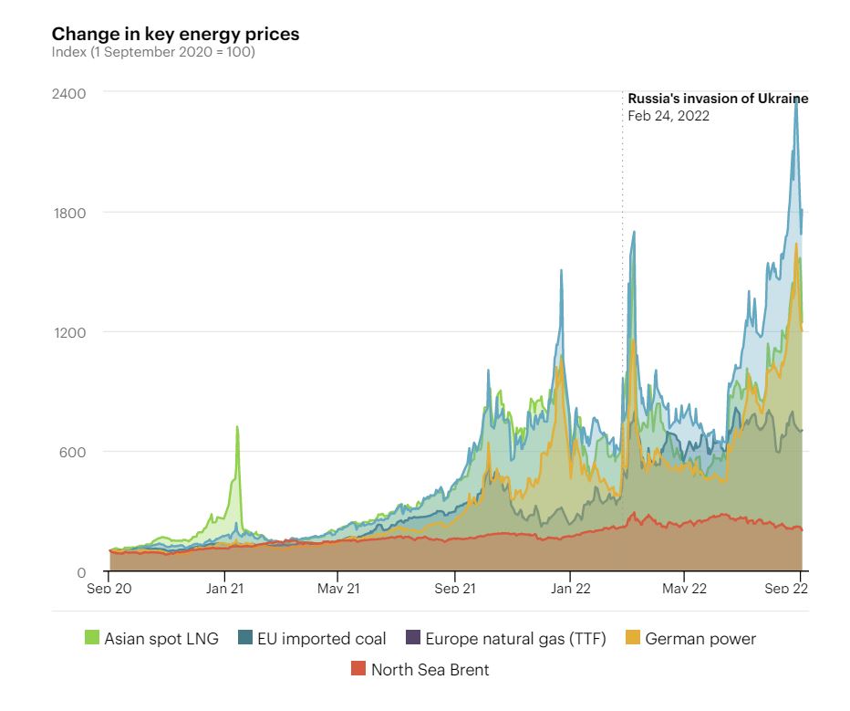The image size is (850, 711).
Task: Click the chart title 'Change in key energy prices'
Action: tap(175, 35)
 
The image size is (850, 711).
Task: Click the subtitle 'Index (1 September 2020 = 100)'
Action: tap(153, 52)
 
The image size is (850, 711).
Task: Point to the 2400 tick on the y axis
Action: tap(68, 93)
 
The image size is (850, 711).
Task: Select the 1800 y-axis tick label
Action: tap(68, 213)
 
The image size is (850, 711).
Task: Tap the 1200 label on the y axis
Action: tap(68, 332)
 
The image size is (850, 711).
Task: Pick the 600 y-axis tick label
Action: tap(72, 452)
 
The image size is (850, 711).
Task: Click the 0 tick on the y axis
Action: tap(81, 572)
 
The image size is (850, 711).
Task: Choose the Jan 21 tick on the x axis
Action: tap(224, 589)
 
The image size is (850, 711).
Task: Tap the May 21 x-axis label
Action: tap(338, 589)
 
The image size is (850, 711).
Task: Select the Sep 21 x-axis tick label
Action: tap(454, 589)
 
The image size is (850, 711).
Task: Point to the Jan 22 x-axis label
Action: tap(569, 589)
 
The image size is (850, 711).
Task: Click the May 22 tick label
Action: tap(684, 589)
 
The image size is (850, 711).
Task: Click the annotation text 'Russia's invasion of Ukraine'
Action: tap(718, 99)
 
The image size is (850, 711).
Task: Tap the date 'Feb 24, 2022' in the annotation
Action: tap(669, 116)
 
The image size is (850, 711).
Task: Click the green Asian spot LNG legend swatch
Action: tap(91, 639)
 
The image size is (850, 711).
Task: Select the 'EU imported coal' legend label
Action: tap(320, 639)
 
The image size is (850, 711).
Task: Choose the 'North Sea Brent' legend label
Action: tap(430, 670)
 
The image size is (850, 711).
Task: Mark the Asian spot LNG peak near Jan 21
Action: tap(237, 426)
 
